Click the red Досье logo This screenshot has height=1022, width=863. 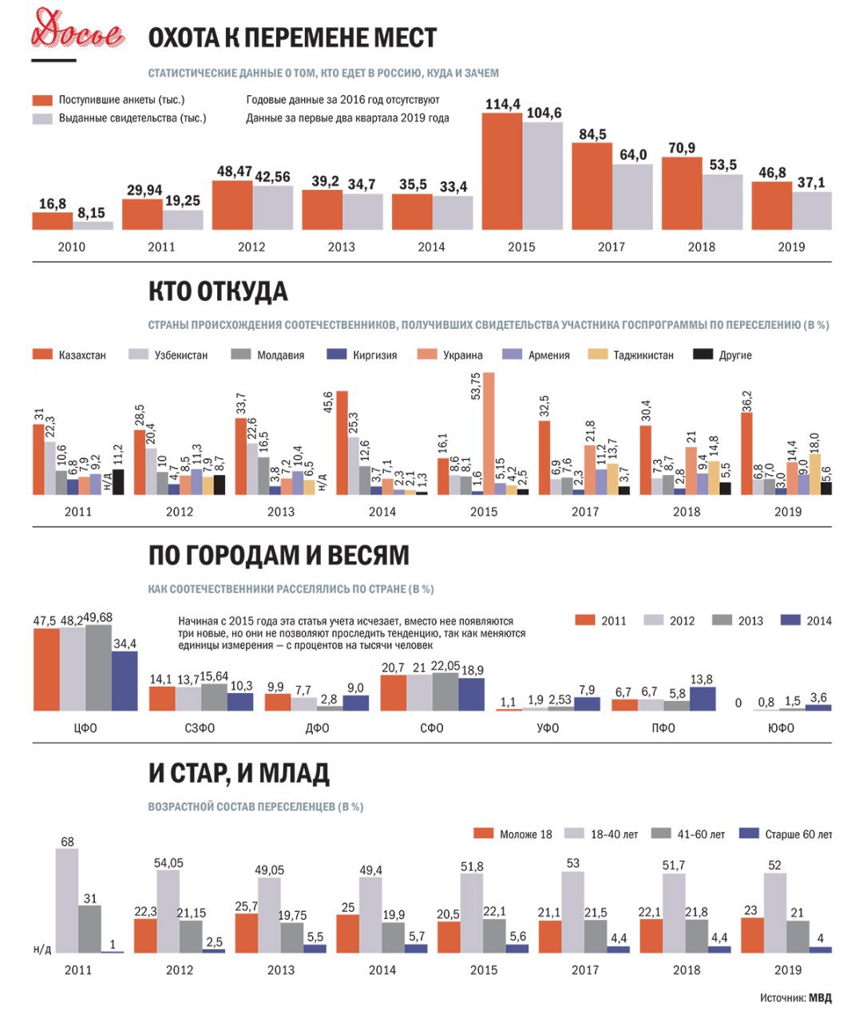tap(77, 31)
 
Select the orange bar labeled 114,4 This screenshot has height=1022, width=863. tap(501, 172)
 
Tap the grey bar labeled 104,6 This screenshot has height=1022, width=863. tap(542, 176)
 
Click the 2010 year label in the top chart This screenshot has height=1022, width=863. tap(72, 247)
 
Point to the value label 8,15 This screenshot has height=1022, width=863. tap(91, 213)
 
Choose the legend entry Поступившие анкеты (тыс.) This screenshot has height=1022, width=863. tap(109, 100)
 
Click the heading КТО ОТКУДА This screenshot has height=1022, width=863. tap(218, 291)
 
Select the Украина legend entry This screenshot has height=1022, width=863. tap(449, 355)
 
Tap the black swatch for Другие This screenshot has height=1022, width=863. tap(703, 355)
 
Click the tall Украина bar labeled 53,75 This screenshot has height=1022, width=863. tap(489, 434)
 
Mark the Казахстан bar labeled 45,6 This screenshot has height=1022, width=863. tap(342, 443)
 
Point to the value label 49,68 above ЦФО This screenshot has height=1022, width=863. tap(98, 618)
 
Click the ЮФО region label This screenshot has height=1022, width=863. tap(781, 728)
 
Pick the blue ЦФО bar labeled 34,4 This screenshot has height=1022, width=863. tap(125, 681)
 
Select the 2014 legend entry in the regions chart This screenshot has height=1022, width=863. tap(806, 620)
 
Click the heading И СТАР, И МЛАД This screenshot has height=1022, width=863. tap(239, 774)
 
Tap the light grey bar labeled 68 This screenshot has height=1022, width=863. tap(67, 901)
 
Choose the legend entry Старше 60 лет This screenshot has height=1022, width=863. tap(786, 834)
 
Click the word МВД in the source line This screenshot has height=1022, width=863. tap(821, 997)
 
